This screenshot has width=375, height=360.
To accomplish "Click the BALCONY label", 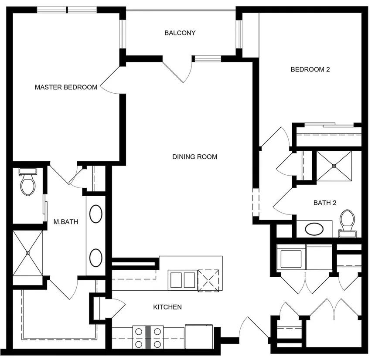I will [x=180, y=33].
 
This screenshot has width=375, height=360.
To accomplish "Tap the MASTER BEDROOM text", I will [x=66, y=87].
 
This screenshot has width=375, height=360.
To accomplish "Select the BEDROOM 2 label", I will [x=310, y=69].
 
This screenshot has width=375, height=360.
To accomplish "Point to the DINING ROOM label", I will [x=194, y=157].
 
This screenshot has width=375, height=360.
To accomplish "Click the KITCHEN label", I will [x=167, y=307].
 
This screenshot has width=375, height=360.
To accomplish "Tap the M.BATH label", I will [x=66, y=221].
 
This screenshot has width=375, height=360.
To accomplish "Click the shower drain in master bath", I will [x=28, y=253].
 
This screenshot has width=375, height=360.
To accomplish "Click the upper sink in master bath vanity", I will [x=96, y=214].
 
